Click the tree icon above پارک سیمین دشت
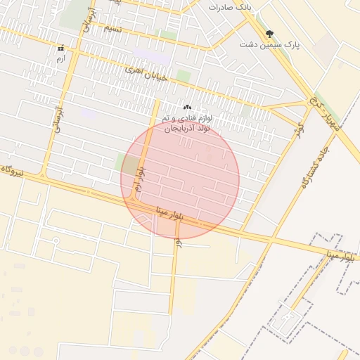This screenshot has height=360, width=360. click(269, 33)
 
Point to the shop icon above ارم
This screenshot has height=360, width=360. click(60, 49)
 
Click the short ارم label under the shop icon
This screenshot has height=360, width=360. click(60, 58)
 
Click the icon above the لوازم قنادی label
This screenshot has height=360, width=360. click(187, 107)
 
